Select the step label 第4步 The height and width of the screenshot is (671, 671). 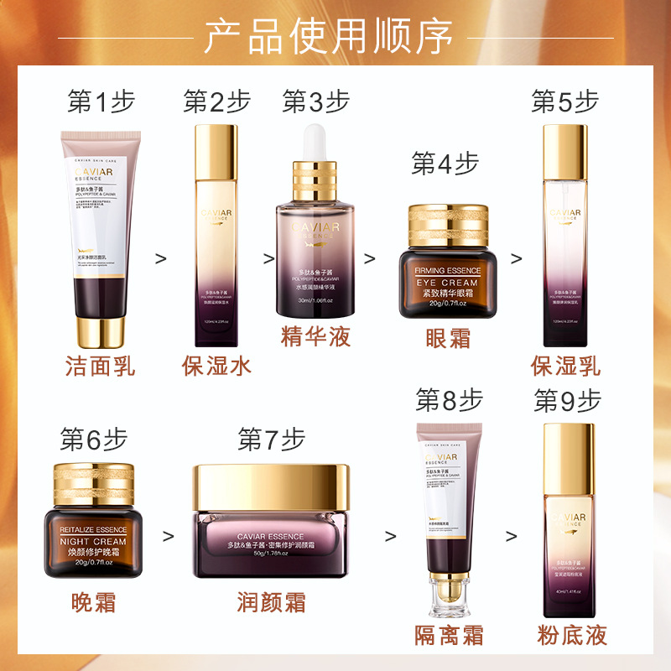pyautogui.click(x=445, y=164)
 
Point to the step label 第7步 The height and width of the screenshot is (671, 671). pyautogui.click(x=271, y=439)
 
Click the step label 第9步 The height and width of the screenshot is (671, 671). pyautogui.click(x=568, y=402)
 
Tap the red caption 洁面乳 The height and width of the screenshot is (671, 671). pyautogui.click(x=100, y=367)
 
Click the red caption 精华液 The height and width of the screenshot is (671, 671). pyautogui.click(x=315, y=336)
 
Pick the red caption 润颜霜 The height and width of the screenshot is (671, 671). pyautogui.click(x=272, y=602)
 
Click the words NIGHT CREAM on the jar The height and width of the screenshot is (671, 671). pyautogui.click(x=93, y=542)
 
